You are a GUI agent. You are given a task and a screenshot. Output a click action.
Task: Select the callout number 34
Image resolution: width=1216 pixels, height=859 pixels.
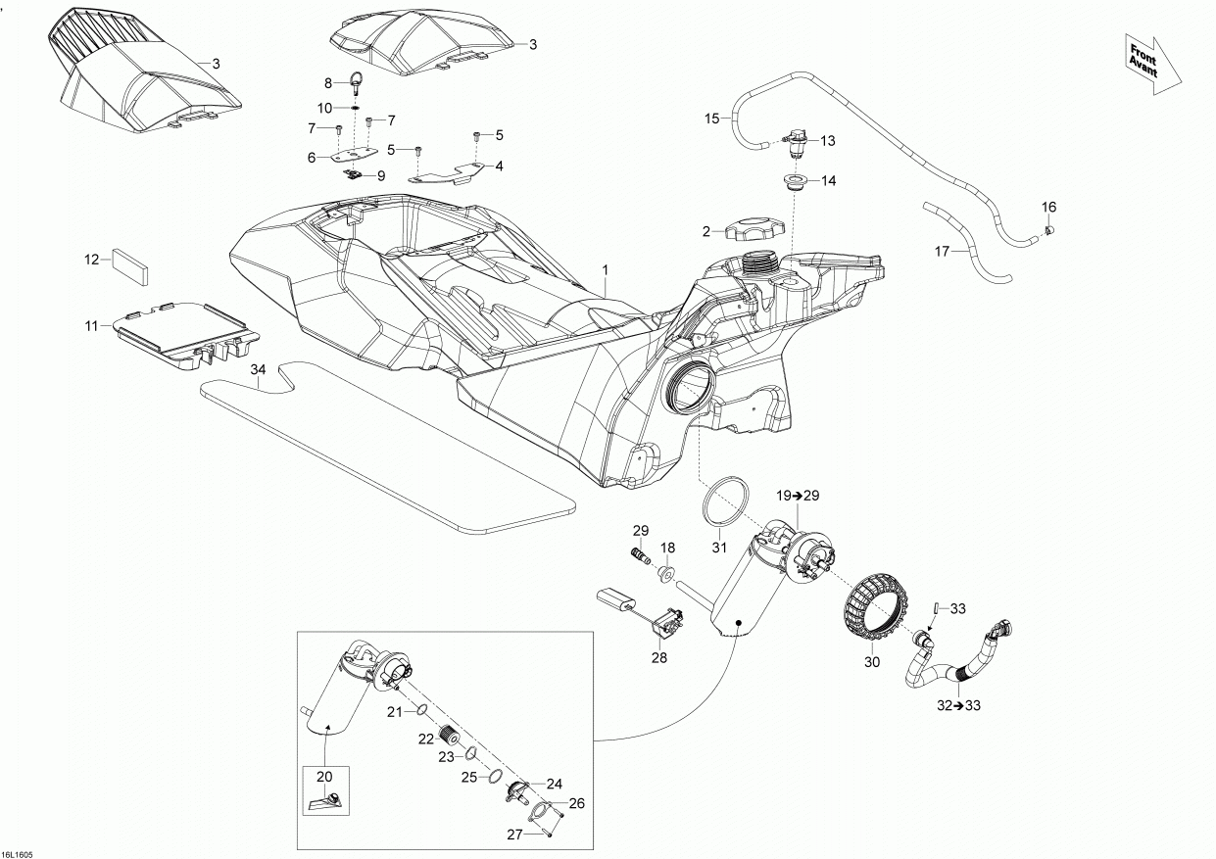pyautogui.click(x=258, y=370)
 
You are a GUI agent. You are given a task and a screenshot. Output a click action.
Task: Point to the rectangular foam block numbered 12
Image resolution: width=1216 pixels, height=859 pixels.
pyautogui.click(x=130, y=264)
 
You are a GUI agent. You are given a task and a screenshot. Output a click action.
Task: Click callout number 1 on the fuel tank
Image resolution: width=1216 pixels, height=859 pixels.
pyautogui.click(x=606, y=268)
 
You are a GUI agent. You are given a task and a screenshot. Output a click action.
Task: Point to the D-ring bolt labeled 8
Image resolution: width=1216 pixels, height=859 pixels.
pyautogui.click(x=355, y=84)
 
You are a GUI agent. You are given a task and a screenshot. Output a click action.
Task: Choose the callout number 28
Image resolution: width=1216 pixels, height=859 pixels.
pyautogui.click(x=659, y=658)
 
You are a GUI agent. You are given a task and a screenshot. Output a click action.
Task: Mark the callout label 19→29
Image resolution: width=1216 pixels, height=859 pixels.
pyautogui.click(x=798, y=497)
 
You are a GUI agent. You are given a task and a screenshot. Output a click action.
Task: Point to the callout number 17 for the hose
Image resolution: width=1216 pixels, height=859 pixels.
pyautogui.click(x=943, y=252)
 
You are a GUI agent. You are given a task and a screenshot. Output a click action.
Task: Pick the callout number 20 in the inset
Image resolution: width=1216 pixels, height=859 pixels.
pyautogui.click(x=324, y=776)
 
